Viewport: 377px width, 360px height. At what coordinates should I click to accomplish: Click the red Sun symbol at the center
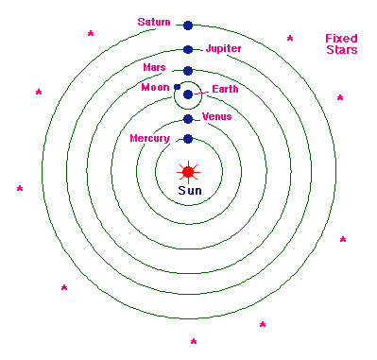click(x=188, y=171)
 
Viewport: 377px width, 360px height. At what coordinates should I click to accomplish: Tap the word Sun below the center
click(x=188, y=190)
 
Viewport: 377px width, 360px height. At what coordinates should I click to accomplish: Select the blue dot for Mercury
click(x=188, y=139)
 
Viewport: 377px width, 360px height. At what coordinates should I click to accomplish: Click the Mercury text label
click(x=149, y=139)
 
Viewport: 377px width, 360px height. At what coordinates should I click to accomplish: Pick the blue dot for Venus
click(x=188, y=119)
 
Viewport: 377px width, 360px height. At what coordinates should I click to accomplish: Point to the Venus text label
click(x=217, y=116)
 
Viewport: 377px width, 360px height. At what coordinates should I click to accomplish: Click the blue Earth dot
click(x=188, y=94)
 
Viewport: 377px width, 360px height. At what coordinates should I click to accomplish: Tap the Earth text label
click(x=226, y=89)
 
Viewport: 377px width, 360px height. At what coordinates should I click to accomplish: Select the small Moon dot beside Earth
click(x=178, y=86)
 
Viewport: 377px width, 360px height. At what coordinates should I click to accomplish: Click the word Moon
click(x=154, y=88)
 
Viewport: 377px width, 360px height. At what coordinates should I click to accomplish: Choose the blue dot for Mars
click(x=188, y=70)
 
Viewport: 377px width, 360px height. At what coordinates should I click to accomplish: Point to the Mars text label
click(x=154, y=68)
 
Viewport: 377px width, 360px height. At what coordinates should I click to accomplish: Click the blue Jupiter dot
click(x=188, y=49)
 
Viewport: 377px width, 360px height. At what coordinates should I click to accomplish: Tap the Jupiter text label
click(x=224, y=47)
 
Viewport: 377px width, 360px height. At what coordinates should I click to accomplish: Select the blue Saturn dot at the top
click(x=188, y=26)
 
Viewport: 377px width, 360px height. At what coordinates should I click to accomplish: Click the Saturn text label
click(x=153, y=21)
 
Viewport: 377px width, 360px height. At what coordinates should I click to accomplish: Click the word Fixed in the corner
click(x=341, y=39)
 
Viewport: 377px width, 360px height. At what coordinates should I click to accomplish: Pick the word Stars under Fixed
click(x=341, y=50)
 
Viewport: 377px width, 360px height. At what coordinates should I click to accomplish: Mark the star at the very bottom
click(x=193, y=341)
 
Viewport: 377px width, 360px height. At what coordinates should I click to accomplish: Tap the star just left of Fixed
click(x=290, y=39)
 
